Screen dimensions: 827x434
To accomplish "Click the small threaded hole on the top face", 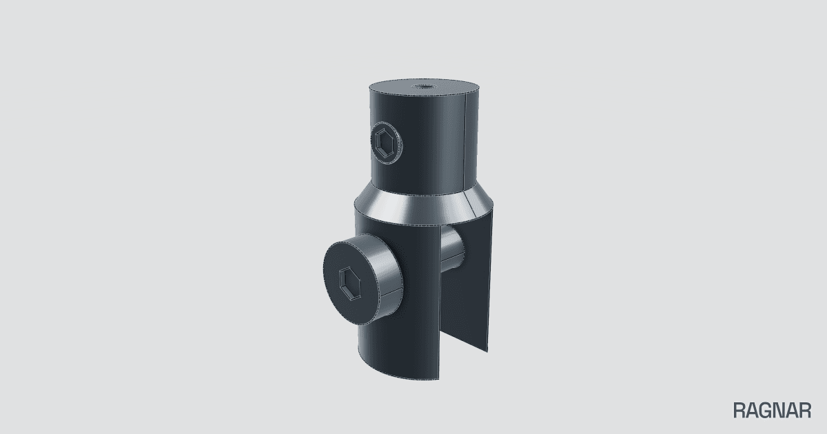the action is tap(425, 87).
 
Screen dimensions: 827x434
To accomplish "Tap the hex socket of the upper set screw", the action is tap(385, 143).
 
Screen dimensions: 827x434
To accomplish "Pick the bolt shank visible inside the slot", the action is tap(452, 247).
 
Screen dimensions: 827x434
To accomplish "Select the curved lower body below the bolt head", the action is tap(399, 351).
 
